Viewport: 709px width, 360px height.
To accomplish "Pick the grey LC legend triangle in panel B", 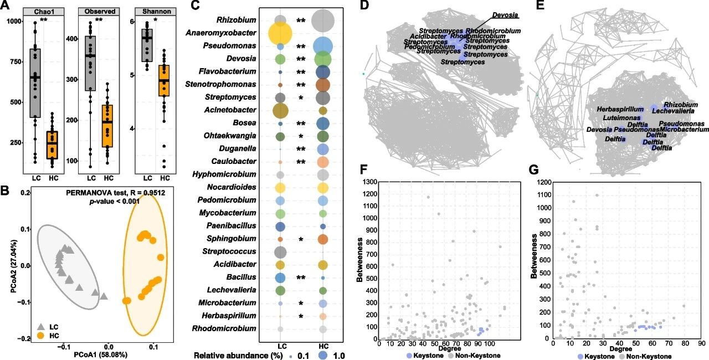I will pos(25,327).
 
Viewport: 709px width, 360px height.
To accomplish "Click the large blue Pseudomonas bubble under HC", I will pos(323,46).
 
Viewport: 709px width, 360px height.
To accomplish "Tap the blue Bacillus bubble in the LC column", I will pos(280,277).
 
